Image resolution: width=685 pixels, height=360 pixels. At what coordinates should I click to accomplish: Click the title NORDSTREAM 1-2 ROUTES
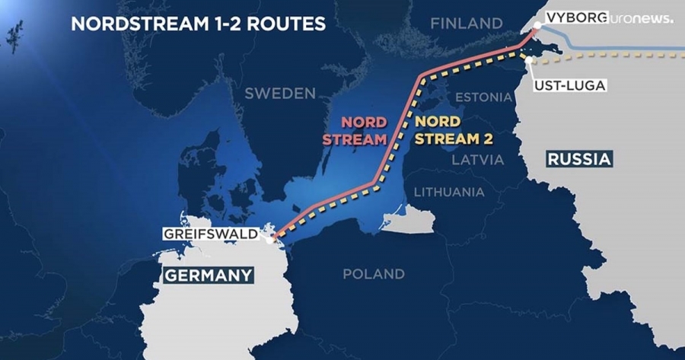coord(198,24)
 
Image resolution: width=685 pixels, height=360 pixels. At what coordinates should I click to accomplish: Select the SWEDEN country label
coord(280,94)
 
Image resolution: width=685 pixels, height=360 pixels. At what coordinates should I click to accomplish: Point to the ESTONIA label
coord(483,97)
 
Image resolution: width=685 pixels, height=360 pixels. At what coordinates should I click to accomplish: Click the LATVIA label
coord(478,160)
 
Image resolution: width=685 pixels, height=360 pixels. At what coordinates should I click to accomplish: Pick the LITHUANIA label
coord(448,192)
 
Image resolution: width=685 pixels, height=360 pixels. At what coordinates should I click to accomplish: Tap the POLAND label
coord(373,273)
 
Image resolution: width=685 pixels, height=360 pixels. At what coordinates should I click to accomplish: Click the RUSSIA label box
coord(579,159)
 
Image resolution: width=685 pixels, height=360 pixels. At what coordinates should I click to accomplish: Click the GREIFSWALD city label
coord(211,234)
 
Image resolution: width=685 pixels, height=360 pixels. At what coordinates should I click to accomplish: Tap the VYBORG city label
coord(572,17)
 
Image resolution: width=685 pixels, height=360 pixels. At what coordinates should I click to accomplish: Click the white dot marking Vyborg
coord(537,26)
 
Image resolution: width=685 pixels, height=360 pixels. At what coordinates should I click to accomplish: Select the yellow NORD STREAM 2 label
coord(454,130)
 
